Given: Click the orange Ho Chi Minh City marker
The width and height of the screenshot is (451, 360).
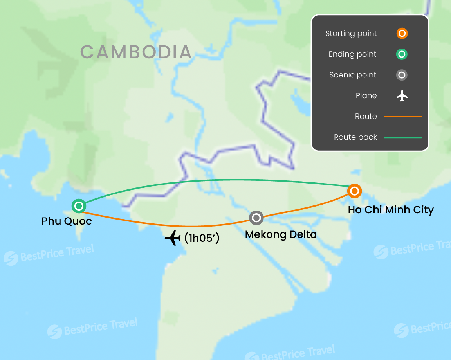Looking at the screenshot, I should pos(354,191).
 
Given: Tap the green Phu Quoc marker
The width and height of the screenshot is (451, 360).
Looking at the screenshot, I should pos(79,206).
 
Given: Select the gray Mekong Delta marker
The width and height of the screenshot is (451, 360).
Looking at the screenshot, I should pos(256,218).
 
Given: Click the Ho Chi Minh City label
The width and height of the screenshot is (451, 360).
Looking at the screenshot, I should pos(391,210).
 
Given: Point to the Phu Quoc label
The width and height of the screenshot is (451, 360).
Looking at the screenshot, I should pos(67,221).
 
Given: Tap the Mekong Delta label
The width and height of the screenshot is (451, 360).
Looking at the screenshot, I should pos(281,235).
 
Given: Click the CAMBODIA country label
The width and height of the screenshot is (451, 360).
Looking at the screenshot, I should pos(136,52).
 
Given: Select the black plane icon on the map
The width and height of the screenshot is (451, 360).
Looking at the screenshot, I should pos(173,238).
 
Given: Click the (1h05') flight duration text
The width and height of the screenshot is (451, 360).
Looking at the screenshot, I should pos(202,238).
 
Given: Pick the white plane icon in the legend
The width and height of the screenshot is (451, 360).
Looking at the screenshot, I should pos(402,95).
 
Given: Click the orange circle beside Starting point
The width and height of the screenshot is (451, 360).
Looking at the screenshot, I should pos(402,33).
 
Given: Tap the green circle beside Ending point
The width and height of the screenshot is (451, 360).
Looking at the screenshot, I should pos(402,54).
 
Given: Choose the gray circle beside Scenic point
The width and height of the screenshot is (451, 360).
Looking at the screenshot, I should pos(402,75).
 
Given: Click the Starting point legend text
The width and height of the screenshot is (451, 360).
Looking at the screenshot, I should pos(351,34).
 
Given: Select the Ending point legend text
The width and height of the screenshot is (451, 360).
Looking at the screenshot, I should pos(352,54).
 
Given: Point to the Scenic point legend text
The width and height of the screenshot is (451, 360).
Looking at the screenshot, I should pos(353,75).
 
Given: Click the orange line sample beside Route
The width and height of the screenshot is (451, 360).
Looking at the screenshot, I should pos(402,117).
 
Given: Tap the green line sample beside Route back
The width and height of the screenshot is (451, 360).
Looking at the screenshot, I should pos(402,137).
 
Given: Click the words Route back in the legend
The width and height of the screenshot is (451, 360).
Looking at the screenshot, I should pos(355,137).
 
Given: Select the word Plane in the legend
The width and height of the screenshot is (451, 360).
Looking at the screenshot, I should pos(366,96).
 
